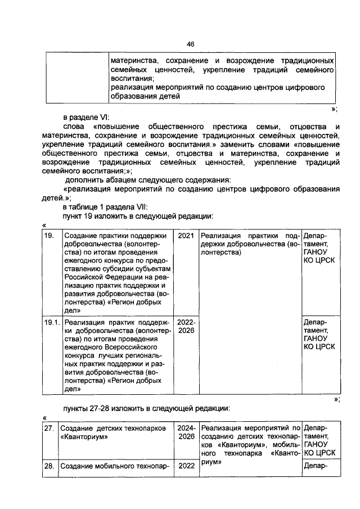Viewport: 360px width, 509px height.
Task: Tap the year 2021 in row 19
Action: click(186, 236)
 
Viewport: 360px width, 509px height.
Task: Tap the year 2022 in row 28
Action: click(186, 466)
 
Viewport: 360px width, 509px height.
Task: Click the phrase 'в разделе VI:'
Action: click(85, 117)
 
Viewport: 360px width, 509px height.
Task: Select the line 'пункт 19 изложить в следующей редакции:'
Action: click(137, 216)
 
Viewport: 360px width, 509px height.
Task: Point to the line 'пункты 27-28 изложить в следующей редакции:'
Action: click(146, 408)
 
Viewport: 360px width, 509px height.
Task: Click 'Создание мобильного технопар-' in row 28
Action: click(115, 466)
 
